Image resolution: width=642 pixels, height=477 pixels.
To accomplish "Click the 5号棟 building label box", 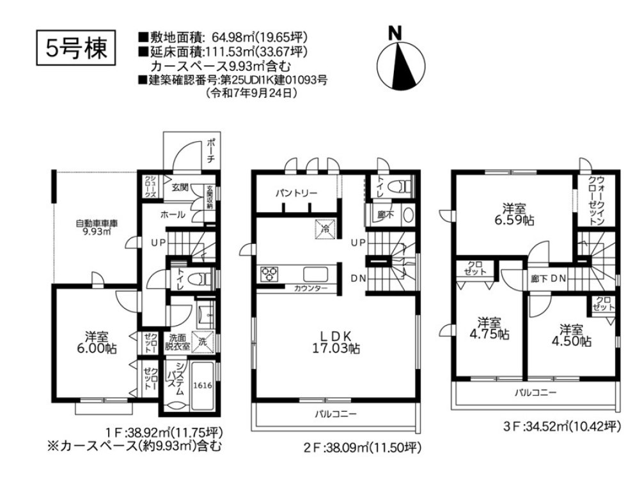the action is pos(76,48).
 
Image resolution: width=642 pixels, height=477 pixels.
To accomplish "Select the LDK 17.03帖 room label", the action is pos(336,342).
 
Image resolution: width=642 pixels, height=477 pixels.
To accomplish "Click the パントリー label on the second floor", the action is pos(296,193).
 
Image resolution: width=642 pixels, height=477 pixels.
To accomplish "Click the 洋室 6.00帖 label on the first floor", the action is pos(96,342).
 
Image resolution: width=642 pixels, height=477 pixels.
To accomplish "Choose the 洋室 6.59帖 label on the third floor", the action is pos(513,214).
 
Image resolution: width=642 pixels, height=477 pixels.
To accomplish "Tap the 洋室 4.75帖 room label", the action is pos(489,328).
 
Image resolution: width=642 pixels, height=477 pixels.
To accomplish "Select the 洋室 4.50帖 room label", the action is pos(571,335).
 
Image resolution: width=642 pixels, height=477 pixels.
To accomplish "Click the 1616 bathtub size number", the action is pos(202,385).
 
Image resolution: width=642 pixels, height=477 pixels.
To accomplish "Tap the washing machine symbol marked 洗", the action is pos(203,340).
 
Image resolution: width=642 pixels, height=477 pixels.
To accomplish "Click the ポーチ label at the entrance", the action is pos(211,151).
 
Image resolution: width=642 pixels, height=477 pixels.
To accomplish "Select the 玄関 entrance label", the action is pos(180,188).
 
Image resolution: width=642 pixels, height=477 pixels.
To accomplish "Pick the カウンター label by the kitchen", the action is pos(311,289).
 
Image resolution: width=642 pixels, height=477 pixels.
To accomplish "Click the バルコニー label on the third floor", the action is pos(536,393).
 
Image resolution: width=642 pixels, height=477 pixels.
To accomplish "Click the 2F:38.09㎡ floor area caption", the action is pos(363,448).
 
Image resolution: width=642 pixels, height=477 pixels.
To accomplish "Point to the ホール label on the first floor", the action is pos(173,215).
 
